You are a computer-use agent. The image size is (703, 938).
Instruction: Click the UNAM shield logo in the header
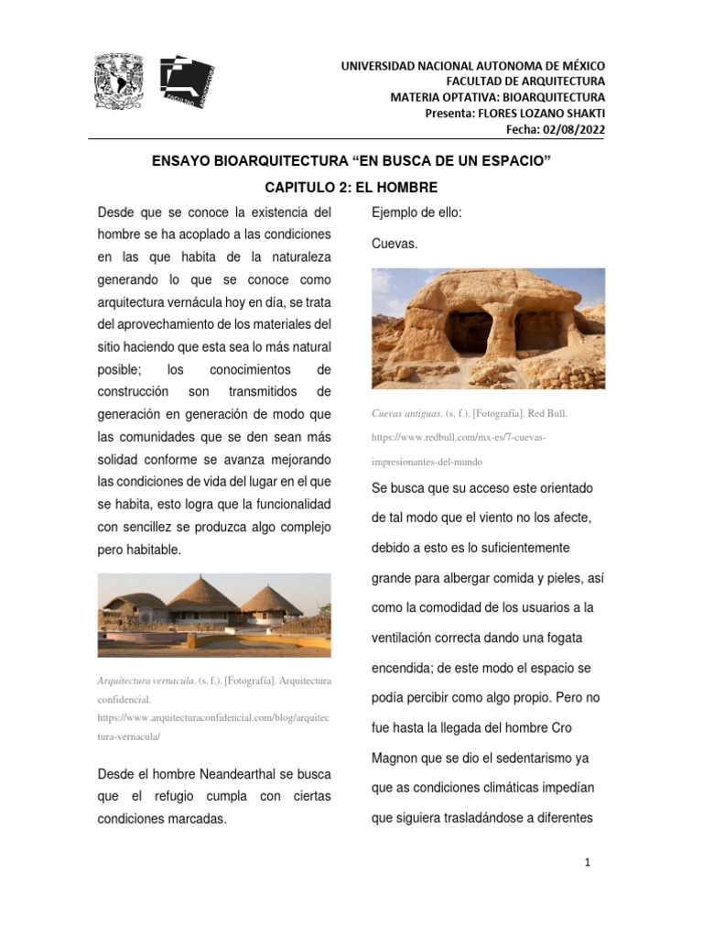point(119,81)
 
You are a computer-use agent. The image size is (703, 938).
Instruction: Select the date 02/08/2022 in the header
point(574,129)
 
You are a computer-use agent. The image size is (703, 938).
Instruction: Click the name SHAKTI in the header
point(582,114)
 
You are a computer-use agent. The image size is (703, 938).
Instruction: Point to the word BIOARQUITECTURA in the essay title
point(265,162)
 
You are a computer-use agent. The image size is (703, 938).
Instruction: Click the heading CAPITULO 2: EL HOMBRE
point(351,188)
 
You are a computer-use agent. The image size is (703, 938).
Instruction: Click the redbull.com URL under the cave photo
point(459,438)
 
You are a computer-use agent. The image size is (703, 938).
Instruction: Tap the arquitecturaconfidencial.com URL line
point(213,718)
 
